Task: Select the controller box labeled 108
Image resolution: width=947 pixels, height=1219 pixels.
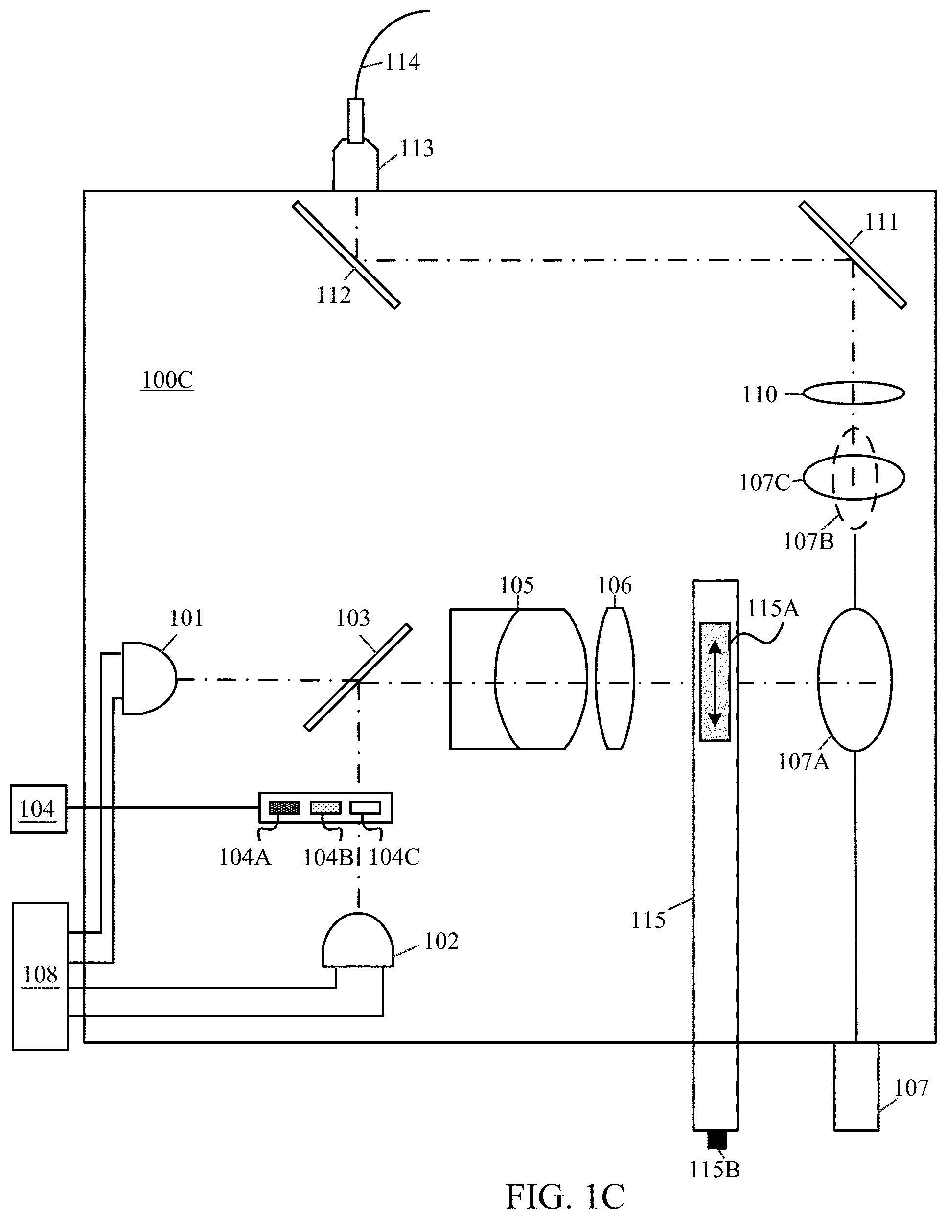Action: point(40,976)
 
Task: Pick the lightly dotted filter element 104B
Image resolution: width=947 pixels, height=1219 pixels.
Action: point(325,807)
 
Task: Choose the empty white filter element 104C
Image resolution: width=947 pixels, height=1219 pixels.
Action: point(365,807)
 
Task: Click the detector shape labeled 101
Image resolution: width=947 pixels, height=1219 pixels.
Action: point(149,678)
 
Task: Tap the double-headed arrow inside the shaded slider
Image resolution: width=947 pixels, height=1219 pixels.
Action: point(715,682)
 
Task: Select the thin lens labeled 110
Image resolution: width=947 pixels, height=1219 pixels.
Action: point(854,393)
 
